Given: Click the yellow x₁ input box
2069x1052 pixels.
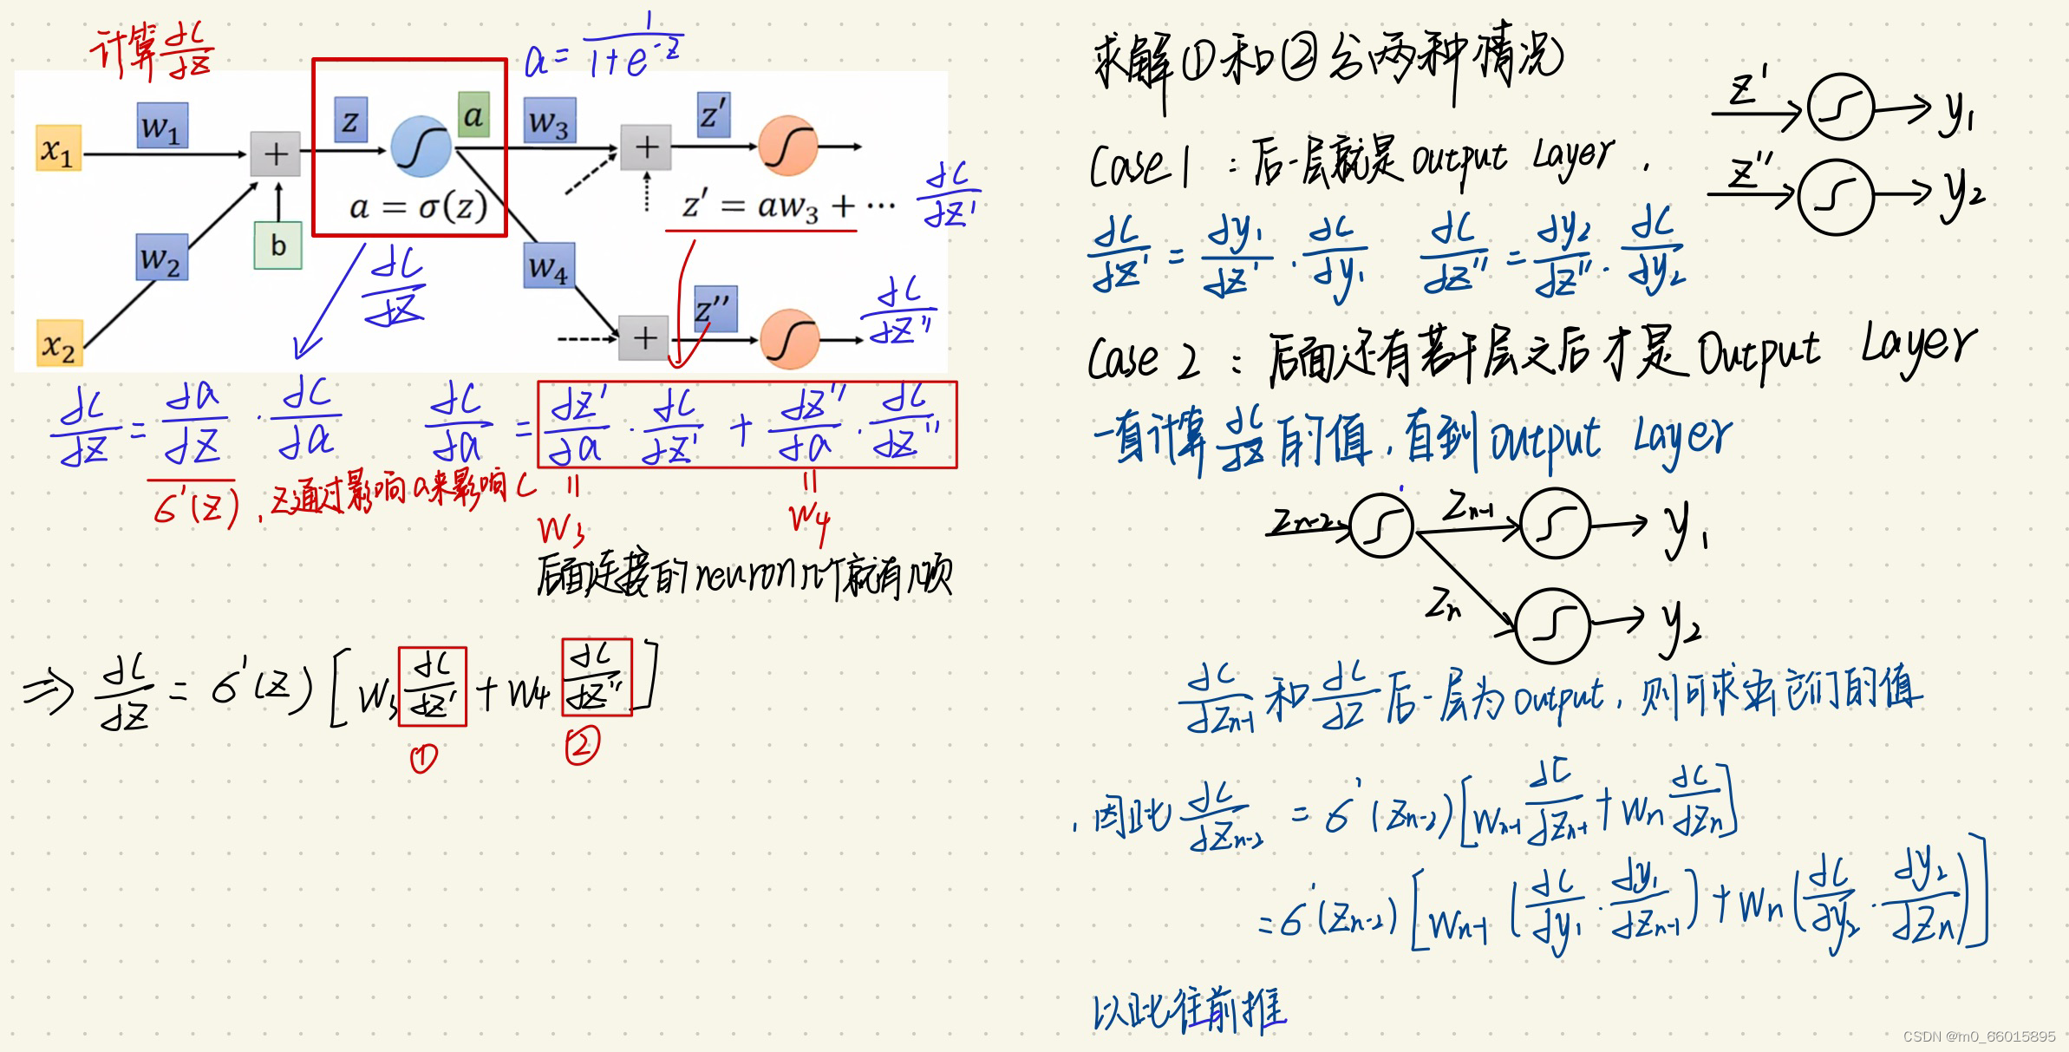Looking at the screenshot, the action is pyautogui.click(x=58, y=149).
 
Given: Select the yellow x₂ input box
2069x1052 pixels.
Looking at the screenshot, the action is pyautogui.click(x=58, y=344).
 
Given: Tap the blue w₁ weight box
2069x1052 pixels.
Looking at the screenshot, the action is pyautogui.click(x=161, y=126).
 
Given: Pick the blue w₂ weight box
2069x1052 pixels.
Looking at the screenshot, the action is pyautogui.click(x=161, y=258).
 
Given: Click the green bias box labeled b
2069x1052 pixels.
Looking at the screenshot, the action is pyautogui.click(x=277, y=245).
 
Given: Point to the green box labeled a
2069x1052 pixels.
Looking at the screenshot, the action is pyautogui.click(x=473, y=115).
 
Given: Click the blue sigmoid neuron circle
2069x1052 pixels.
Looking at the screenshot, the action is pyautogui.click(x=421, y=147).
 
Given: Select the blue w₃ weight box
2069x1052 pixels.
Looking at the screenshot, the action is pyautogui.click(x=549, y=121).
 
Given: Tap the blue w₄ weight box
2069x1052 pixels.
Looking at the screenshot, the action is pyautogui.click(x=549, y=265).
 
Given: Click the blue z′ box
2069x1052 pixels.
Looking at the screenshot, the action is pyautogui.click(x=713, y=114).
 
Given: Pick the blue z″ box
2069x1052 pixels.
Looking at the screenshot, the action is pyautogui.click(x=715, y=308).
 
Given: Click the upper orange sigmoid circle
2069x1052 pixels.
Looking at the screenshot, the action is pyautogui.click(x=787, y=146).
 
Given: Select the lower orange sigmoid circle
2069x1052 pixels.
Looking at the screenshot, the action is pyautogui.click(x=789, y=338).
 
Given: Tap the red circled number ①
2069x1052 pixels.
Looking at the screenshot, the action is pyautogui.click(x=423, y=759).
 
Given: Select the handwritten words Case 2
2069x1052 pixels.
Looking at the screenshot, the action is pyautogui.click(x=1143, y=358).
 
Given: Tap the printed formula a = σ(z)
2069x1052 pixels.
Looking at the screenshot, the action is pyautogui.click(x=418, y=206).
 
